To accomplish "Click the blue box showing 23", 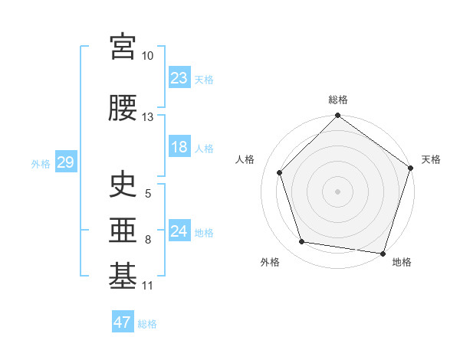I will coord(179,78).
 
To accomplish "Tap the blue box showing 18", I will coord(179,147).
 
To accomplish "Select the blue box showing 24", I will coord(179,231).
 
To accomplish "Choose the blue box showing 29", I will coord(65,162).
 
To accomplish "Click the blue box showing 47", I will coord(123,322).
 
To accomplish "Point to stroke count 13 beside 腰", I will coord(148,117).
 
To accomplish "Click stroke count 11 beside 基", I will coord(148,286).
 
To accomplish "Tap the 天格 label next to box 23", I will coord(204,79).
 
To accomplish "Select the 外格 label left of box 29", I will coord(41,163).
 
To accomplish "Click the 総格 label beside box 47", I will coord(147,323).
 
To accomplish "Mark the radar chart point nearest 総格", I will coord(337,116).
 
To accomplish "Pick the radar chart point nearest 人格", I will coord(280,172).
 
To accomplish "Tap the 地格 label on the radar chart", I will coord(402,262).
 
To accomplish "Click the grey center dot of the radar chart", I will coord(337,191).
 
